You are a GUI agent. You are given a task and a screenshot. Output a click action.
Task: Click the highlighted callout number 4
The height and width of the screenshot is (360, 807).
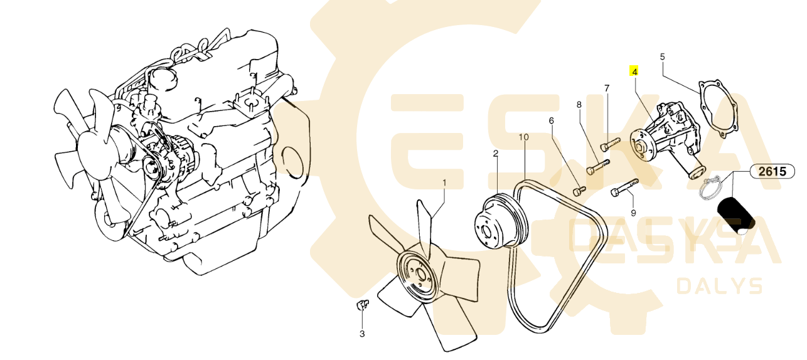point(634,71)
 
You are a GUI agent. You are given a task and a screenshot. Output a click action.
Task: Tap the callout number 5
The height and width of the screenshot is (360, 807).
point(662,57)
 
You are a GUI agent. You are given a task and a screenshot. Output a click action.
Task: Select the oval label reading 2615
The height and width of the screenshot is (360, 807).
point(772,171)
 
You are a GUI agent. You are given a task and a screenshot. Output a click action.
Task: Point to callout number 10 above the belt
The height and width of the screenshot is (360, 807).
point(524,137)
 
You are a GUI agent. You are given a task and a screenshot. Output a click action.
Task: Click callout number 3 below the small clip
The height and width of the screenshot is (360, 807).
point(362,334)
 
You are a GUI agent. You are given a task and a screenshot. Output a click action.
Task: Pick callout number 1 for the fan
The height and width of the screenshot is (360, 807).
point(444,183)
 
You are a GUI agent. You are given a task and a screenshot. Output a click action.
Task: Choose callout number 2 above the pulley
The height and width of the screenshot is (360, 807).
point(496,154)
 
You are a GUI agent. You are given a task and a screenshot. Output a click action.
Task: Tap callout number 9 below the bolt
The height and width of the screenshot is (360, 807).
point(633,213)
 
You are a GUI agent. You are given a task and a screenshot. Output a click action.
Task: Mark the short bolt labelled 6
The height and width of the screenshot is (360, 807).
point(579,191)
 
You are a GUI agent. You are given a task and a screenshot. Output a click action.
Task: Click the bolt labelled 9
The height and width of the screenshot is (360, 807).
point(625,188)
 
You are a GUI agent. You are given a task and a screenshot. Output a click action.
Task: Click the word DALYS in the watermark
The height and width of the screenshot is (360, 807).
point(719,287)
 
